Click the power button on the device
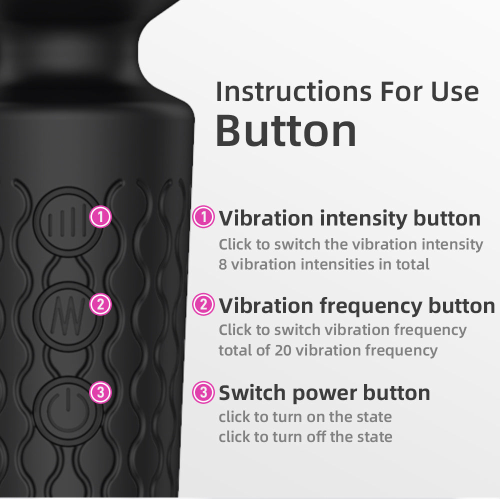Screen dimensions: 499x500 [67, 410]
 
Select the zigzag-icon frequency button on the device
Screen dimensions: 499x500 [67, 315]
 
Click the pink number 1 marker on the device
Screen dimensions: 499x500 [100, 217]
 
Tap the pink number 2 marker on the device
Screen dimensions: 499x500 [100, 304]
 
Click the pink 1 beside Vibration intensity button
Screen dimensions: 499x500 [203, 217]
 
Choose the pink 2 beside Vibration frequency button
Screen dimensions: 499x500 [203, 305]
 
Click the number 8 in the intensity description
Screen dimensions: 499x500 [222, 264]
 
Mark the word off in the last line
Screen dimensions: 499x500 [317, 436]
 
